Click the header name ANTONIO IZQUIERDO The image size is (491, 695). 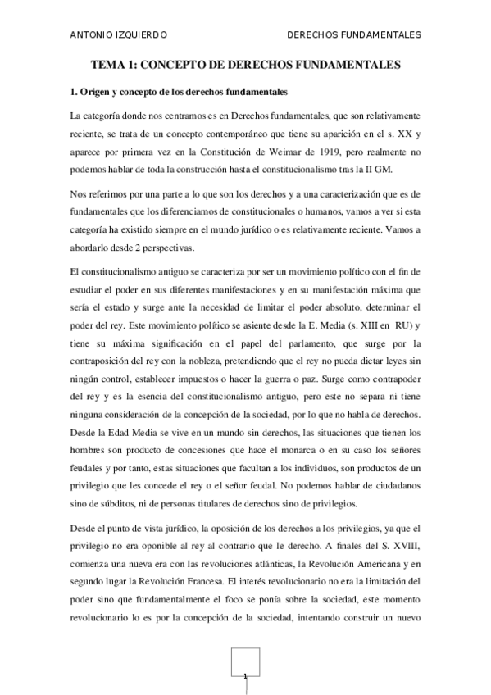coord(120,34)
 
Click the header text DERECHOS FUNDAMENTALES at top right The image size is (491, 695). coord(355,34)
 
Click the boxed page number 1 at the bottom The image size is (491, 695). coord(245,675)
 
